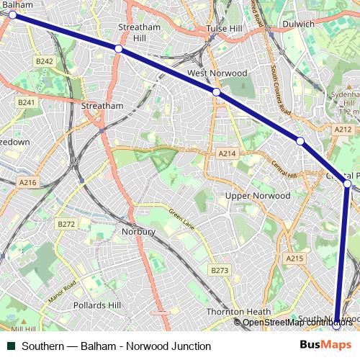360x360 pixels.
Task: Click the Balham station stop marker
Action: (12, 14)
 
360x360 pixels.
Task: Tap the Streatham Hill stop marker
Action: (118, 48)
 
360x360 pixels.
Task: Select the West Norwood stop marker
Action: (216, 92)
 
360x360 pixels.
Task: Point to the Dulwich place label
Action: (300, 24)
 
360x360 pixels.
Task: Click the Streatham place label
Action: (102, 105)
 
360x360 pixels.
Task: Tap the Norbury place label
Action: (139, 232)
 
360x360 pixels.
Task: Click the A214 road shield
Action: (228, 154)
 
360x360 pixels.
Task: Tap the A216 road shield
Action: (27, 183)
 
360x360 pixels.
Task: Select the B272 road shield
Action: (66, 224)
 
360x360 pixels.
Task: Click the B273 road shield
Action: (220, 270)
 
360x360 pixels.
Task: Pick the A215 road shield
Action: (295, 258)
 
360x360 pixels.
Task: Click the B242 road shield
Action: (45, 63)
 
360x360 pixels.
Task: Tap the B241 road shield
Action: (27, 103)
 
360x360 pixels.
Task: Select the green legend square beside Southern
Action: (12, 346)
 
